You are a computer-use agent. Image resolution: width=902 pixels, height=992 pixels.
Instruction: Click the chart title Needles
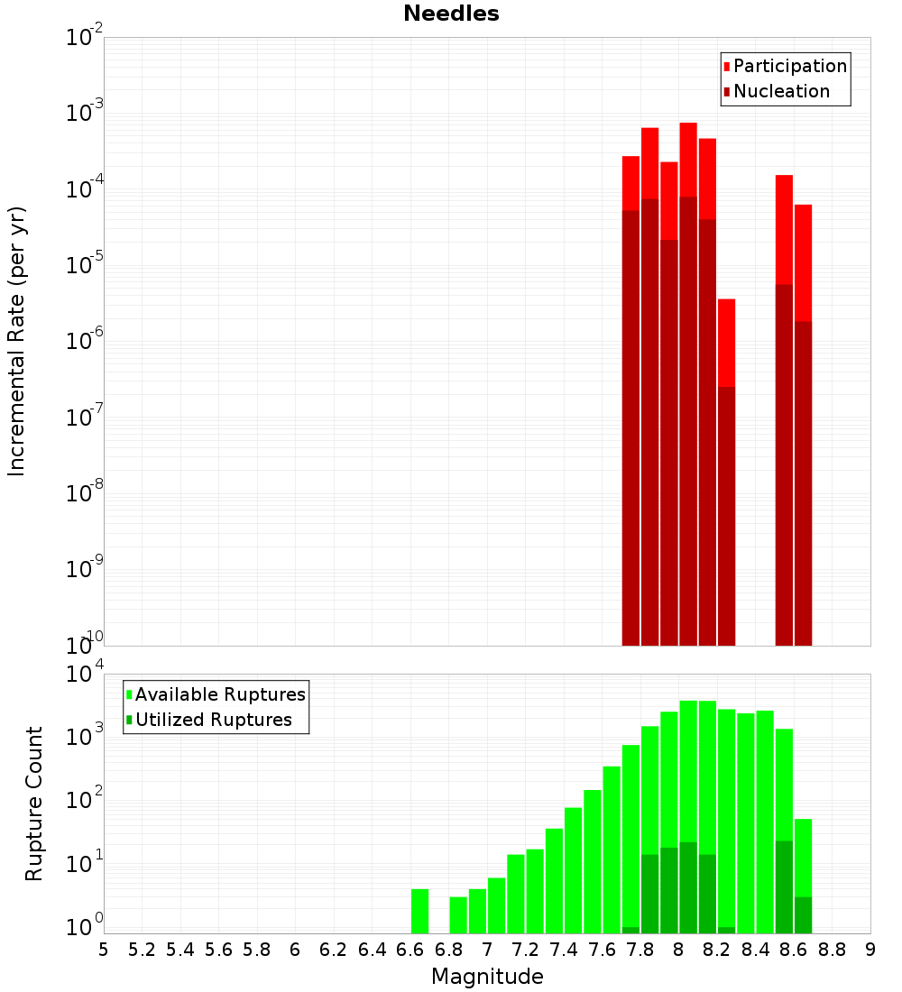(451, 14)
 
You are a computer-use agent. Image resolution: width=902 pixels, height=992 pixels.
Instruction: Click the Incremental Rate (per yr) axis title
(17, 341)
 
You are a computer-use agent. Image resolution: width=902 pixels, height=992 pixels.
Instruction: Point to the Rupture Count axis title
(34, 804)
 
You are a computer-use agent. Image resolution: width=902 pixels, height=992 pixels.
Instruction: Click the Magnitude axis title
(487, 977)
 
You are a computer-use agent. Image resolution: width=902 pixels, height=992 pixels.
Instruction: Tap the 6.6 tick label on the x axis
(410, 949)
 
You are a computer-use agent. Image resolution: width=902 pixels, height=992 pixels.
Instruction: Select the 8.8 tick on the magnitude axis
(832, 949)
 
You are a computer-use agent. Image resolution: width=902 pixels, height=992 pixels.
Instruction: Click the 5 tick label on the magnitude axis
(104, 949)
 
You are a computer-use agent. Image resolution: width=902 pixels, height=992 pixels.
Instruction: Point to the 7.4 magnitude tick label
(564, 949)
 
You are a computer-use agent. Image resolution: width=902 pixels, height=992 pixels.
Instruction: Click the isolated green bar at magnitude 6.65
(419, 911)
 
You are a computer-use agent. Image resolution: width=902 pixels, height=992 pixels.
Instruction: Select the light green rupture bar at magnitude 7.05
(496, 905)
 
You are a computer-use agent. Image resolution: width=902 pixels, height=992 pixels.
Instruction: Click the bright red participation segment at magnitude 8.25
(726, 343)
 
